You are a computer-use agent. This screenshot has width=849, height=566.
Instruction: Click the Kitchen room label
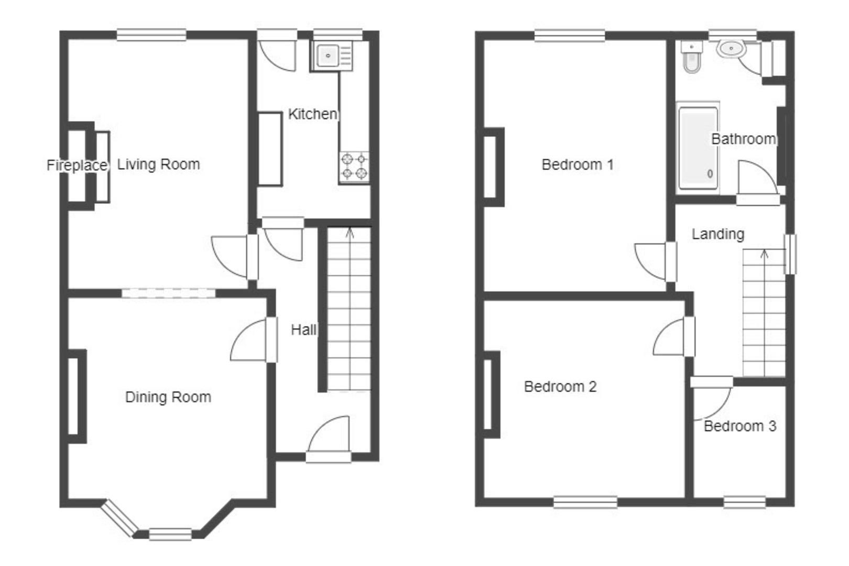pos(312,114)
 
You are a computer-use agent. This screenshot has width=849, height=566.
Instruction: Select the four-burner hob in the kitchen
pos(354,167)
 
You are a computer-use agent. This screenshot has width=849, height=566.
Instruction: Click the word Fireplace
pos(77,166)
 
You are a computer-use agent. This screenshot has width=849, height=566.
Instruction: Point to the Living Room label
pos(158,165)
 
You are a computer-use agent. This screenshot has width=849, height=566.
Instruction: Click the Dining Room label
pos(168,397)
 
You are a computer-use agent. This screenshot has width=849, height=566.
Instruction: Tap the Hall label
pos(303,330)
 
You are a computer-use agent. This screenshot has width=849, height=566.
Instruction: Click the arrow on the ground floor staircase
pos(350,233)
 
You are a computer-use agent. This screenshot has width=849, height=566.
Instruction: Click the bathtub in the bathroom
pos(698,148)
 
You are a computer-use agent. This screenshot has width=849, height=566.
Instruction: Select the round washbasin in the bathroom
pos(731,49)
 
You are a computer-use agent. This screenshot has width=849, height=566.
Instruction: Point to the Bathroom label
pos(743,139)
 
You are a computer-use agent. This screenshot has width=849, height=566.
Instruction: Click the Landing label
pos(717,234)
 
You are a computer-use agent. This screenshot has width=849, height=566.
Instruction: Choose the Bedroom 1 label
pos(577,165)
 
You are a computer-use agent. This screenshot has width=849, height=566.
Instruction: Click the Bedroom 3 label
pos(739,426)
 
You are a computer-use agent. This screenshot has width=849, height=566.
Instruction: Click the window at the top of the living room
pos(151,35)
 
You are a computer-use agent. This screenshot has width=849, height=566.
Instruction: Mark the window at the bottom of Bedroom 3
pos(744,503)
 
